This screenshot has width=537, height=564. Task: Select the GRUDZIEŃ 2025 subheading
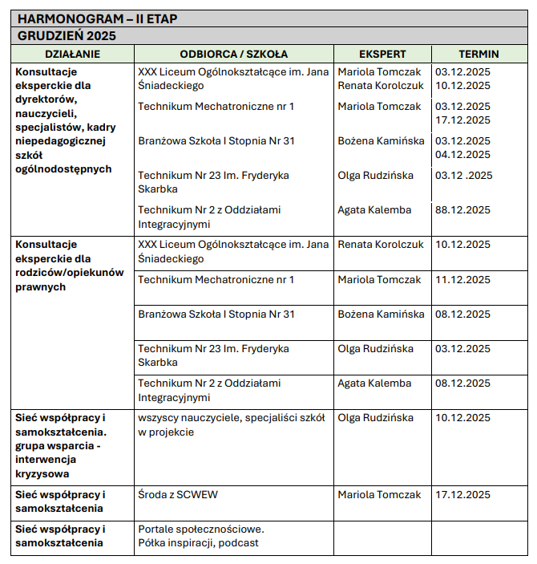pos(67,35)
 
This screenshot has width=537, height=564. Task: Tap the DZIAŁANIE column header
pos(72,55)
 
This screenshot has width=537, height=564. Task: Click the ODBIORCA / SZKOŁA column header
pos(233,55)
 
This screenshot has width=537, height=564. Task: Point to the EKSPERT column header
pos(382,55)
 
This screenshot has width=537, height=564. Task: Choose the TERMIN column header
pos(478,55)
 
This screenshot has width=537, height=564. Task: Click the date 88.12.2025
pos(462,210)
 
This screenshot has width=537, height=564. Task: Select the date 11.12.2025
pos(462,280)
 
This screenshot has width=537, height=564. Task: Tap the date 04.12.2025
pos(462,155)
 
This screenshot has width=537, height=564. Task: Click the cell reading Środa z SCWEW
pos(178,495)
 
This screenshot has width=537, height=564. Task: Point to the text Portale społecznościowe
pos(201,530)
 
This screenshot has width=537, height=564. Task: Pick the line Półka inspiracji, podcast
pos(198,543)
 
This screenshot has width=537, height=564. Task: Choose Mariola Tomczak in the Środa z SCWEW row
pos(379,495)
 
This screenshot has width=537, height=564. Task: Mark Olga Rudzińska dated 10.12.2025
pos(376,418)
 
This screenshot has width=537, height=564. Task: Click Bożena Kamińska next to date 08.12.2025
pos(381,314)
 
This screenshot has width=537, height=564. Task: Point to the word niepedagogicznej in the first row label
pos(61,141)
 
